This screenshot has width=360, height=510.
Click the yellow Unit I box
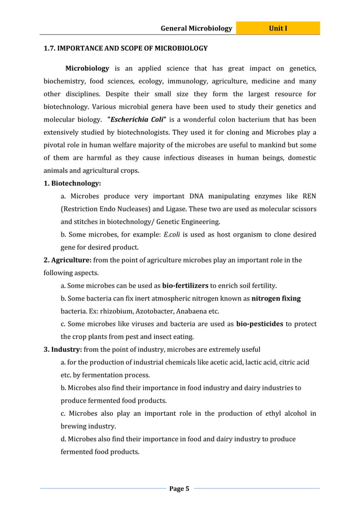coord(278,28)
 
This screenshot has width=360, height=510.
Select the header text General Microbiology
coord(196,28)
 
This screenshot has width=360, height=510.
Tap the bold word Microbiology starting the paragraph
coord(87,68)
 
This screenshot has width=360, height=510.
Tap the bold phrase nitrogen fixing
coord(276,298)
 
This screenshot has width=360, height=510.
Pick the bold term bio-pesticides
coord(260,324)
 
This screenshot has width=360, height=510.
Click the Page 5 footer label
coord(179,489)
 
